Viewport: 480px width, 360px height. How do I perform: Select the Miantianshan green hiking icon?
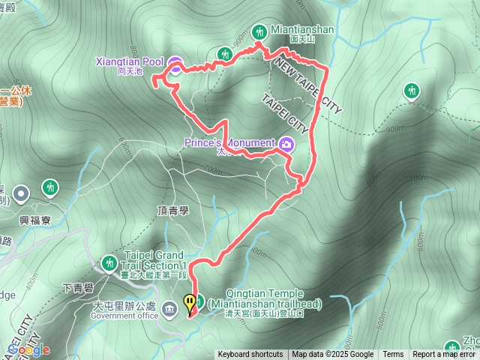tap(259, 31)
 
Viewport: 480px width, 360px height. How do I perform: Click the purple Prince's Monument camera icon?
tap(286, 143)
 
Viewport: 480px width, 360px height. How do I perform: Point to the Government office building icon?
tap(169, 307)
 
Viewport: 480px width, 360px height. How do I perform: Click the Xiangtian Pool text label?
tap(130, 61)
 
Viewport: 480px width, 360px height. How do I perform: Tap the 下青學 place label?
tap(77, 287)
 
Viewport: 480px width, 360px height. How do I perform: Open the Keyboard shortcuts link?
tap(250, 355)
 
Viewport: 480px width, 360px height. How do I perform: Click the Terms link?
tap(393, 355)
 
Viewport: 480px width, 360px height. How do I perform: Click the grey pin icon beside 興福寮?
tap(21, 193)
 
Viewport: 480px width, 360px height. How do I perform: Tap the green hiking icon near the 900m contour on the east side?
tap(411, 91)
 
